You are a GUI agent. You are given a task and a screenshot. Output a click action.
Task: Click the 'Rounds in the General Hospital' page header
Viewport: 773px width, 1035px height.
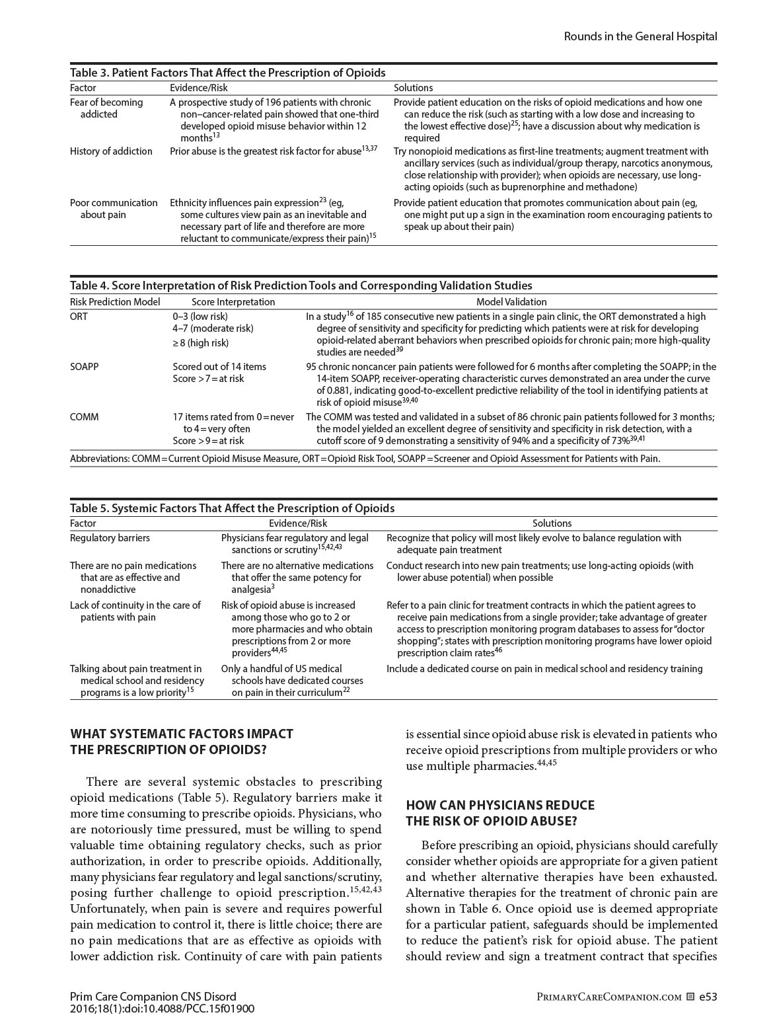click(640, 36)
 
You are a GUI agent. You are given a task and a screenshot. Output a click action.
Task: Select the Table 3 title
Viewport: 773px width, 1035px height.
click(227, 73)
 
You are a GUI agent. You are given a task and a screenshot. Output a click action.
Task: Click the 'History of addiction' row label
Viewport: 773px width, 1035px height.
click(111, 151)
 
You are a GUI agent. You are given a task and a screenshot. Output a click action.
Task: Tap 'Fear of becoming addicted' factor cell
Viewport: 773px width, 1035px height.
click(106, 108)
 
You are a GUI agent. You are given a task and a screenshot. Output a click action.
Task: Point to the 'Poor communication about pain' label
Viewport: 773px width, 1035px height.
click(113, 209)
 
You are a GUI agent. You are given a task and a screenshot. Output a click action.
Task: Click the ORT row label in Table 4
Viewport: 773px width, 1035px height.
click(79, 317)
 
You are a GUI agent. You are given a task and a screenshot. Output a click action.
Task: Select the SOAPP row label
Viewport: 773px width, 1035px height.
click(84, 367)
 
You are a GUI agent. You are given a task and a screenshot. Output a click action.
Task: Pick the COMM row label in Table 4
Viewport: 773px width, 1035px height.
click(83, 417)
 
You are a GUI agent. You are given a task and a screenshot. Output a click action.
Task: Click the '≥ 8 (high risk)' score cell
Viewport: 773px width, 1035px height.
click(201, 342)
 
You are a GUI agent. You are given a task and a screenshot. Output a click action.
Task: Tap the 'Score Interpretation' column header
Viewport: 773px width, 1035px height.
click(224, 302)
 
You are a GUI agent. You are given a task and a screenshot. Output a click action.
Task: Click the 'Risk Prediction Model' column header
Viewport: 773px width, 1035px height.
click(115, 302)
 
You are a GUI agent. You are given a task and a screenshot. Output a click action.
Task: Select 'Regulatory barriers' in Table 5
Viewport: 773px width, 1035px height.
click(110, 538)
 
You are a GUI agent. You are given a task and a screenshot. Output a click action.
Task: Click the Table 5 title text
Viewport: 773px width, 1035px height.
click(232, 508)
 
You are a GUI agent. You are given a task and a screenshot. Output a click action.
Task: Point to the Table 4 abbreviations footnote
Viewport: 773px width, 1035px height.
click(365, 459)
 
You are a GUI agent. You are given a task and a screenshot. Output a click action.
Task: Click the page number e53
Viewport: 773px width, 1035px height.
click(708, 997)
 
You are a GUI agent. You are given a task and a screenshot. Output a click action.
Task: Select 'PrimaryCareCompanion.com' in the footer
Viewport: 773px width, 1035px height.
click(608, 997)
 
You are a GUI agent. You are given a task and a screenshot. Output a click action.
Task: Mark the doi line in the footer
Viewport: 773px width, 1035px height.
click(162, 1009)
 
